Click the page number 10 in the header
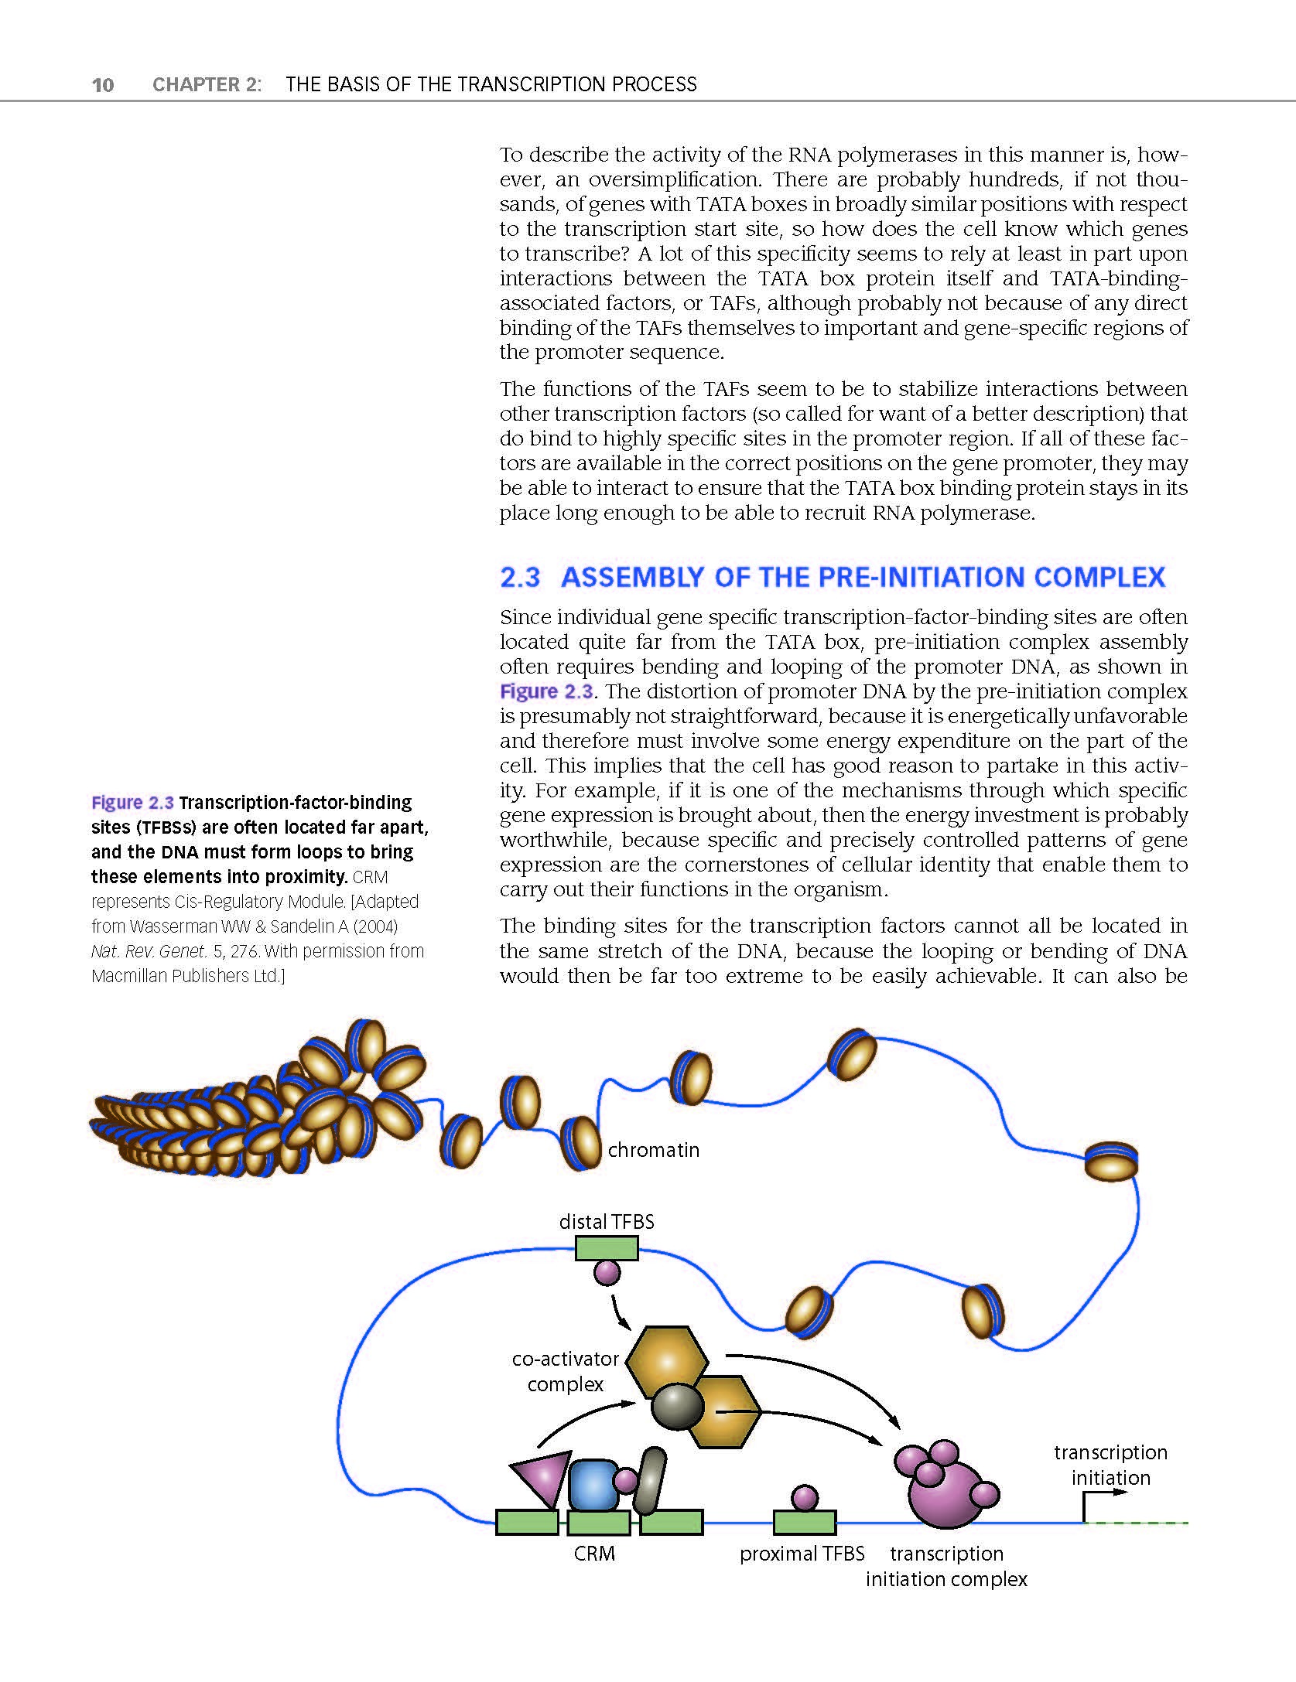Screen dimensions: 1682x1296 103,84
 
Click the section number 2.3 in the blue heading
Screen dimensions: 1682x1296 519,578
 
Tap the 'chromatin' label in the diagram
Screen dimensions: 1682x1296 653,1150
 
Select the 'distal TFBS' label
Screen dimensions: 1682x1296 607,1222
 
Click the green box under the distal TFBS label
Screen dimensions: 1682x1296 607,1248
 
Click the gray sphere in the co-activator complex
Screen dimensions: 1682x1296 677,1407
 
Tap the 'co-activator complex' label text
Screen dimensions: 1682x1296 566,1371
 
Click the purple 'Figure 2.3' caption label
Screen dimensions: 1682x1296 132,803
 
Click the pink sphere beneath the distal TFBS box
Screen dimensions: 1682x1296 607,1272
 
